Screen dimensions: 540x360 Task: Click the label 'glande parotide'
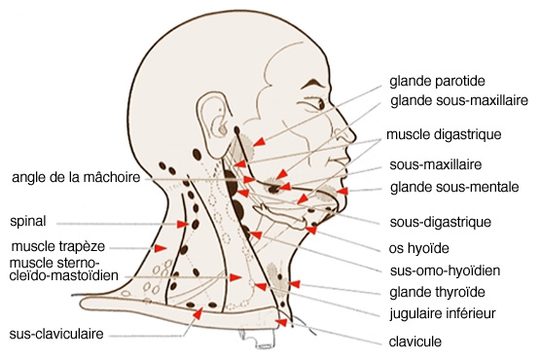[437, 82]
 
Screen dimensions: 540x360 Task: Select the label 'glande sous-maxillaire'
[459, 100]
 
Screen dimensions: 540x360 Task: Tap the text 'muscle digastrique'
[444, 134]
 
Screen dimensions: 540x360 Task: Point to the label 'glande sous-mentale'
[454, 187]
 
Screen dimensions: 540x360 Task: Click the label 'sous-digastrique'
[440, 222]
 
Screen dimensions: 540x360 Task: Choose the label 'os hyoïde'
[418, 248]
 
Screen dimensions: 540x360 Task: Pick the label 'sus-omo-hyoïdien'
[445, 270]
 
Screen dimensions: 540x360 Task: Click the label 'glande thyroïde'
[438, 292]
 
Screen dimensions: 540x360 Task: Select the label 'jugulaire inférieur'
[443, 313]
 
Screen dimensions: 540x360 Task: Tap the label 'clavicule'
[415, 342]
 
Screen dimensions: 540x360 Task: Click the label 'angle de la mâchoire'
[76, 177]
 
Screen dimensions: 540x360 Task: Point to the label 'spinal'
[28, 221]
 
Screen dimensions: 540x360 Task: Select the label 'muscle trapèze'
[57, 247]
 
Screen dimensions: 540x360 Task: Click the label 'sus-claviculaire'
[56, 334]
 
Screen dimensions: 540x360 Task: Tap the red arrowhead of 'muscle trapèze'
[161, 248]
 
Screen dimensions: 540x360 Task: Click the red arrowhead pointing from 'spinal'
[183, 224]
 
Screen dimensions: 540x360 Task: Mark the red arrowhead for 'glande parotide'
[260, 141]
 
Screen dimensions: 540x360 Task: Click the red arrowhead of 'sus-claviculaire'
[198, 313]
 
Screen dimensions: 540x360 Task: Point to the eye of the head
[319, 104]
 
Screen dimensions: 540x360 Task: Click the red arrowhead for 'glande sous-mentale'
[342, 192]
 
